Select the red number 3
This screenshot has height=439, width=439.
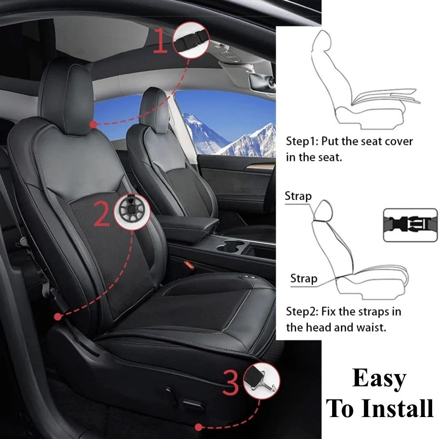coord(232,381)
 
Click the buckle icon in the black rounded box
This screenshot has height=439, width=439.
coord(410,225)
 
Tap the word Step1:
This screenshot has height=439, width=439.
coord(302,142)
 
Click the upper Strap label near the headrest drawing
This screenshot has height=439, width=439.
coord(298,196)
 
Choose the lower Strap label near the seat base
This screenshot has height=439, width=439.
coord(303,279)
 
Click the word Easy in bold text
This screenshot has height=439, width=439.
coord(379,379)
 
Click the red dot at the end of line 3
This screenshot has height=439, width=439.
coord(198,427)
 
